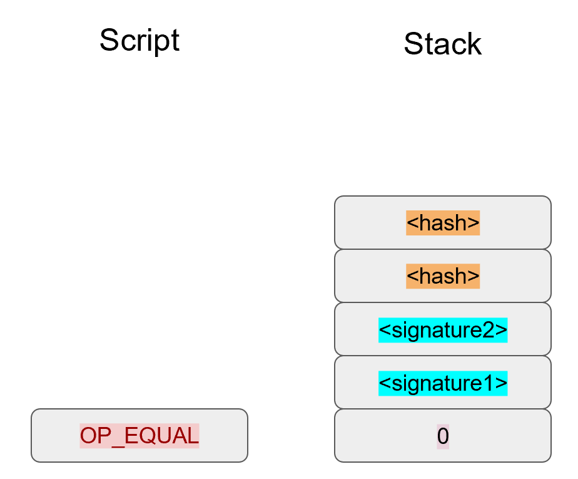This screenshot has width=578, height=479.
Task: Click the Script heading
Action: (x=139, y=41)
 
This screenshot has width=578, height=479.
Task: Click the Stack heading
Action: (x=442, y=44)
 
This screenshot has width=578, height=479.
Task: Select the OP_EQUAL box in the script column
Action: (x=139, y=436)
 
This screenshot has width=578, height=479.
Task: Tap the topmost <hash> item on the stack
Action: (x=442, y=223)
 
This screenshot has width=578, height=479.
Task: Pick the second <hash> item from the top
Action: (x=442, y=276)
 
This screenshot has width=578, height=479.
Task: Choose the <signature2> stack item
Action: (x=442, y=330)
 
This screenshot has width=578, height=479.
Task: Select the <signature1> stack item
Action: (x=442, y=383)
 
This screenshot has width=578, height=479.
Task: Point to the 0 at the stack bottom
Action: (x=442, y=436)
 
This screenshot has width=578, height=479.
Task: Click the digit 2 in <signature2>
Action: (x=490, y=330)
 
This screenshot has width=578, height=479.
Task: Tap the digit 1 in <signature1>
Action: (x=490, y=383)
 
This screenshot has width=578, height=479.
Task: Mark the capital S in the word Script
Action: (x=109, y=41)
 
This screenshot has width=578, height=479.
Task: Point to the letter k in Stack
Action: (x=474, y=44)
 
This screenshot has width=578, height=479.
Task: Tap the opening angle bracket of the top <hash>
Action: (x=411, y=224)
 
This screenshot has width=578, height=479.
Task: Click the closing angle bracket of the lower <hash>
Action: (x=475, y=277)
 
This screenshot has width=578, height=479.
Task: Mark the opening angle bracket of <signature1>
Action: (x=384, y=383)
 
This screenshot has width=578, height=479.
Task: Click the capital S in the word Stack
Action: (x=413, y=44)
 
